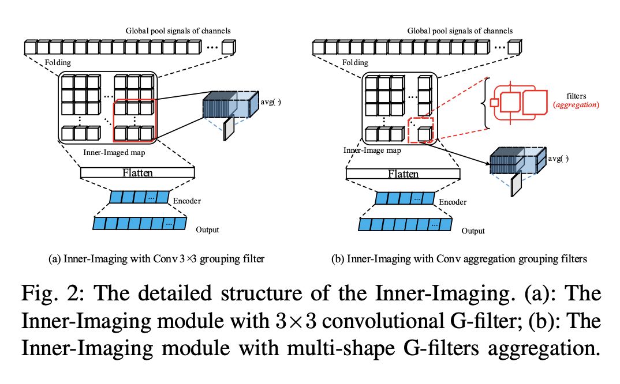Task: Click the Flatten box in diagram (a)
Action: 138,172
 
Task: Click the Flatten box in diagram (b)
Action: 404,173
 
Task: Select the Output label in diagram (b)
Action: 473,231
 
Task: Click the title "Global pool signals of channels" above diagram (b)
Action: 460,31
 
